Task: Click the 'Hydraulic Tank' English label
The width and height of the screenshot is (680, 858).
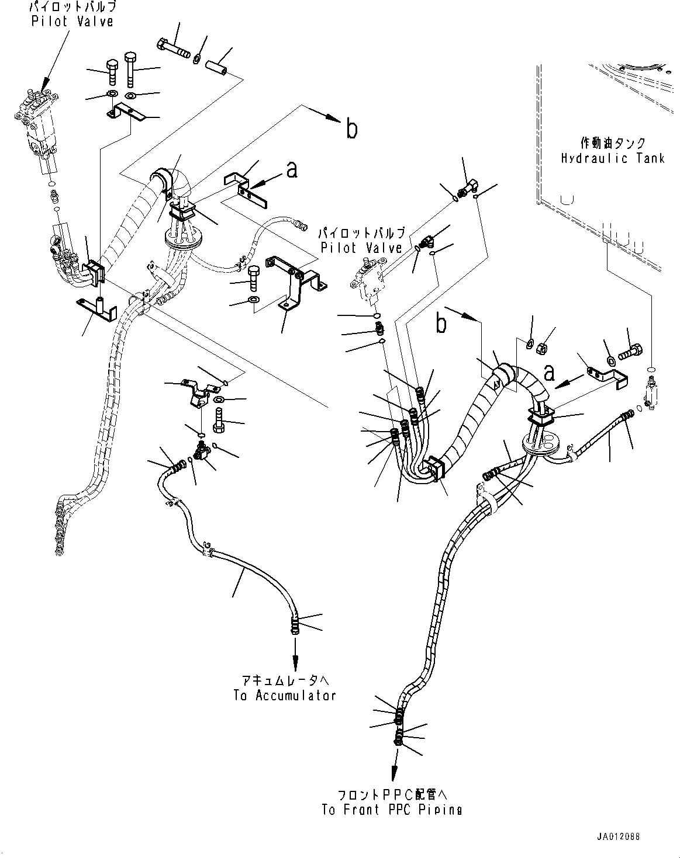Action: point(613,158)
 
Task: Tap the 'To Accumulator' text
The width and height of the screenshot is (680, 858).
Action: point(285,695)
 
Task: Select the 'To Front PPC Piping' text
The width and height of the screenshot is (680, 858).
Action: point(391,810)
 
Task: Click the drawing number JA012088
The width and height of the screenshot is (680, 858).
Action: point(617,837)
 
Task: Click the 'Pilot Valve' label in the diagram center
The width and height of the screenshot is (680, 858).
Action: point(361,248)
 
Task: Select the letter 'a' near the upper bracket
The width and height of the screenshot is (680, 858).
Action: point(291,169)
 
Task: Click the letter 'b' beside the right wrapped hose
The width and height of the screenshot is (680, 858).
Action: point(442,323)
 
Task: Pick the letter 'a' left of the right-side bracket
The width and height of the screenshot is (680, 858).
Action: point(548,372)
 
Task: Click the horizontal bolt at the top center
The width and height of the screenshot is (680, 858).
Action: point(172,48)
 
